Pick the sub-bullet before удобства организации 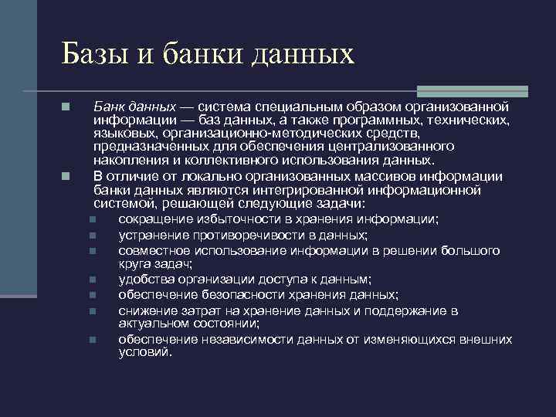coord(91,280)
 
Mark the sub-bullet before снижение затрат coord(91,310)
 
